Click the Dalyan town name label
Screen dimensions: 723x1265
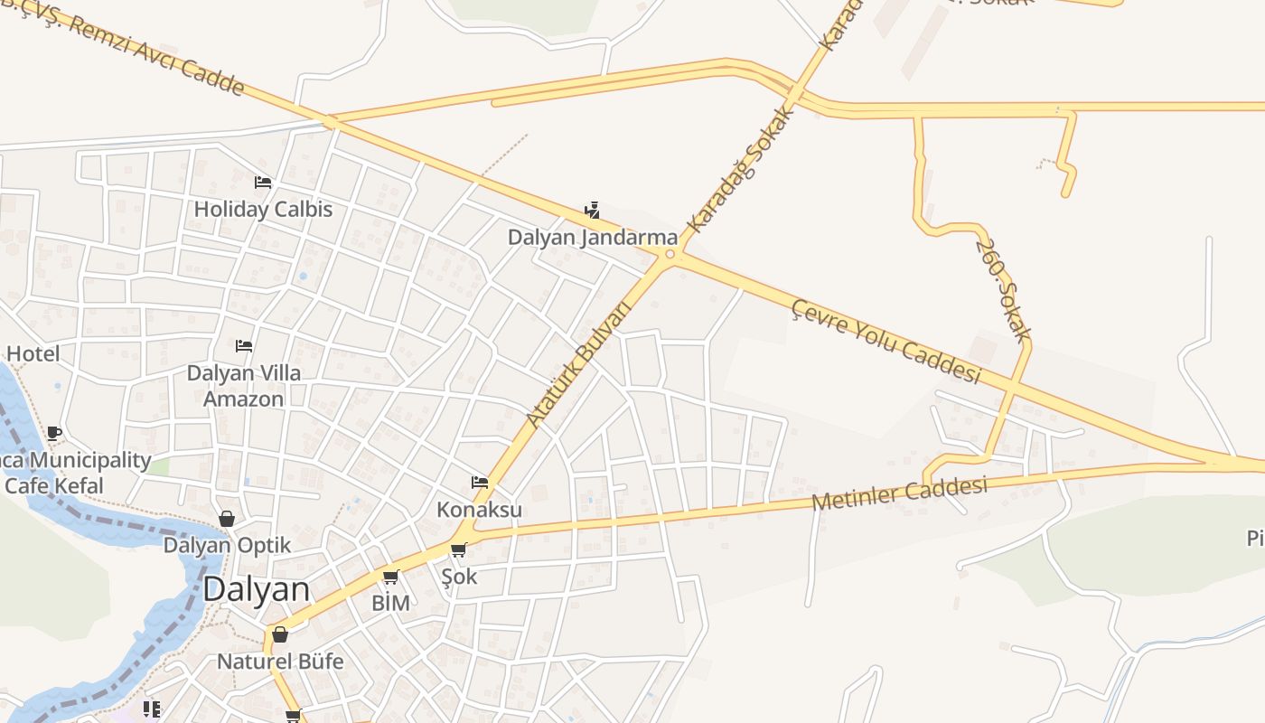pos(256,589)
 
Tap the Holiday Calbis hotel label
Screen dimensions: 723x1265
pos(263,210)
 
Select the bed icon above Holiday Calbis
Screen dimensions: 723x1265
pos(263,183)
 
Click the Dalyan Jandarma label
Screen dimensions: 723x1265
pos(592,238)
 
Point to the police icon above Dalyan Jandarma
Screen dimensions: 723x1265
pos(592,211)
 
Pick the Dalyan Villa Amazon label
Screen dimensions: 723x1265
pos(243,386)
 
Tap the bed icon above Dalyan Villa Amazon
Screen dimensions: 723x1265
pos(243,346)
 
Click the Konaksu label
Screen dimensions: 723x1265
pos(479,510)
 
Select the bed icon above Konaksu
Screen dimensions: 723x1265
pos(479,483)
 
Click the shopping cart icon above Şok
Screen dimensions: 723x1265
pos(459,549)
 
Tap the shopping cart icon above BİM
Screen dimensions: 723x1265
pos(390,577)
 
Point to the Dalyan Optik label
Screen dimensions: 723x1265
pos(227,546)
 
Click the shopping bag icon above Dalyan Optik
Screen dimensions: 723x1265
pos(227,519)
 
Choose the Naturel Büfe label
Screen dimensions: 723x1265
pos(280,662)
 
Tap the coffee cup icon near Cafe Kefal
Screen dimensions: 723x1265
pos(54,433)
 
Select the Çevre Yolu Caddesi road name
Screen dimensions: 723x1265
pos(885,342)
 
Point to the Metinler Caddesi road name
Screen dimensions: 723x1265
pos(898,494)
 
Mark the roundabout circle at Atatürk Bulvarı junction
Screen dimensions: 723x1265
pos(670,255)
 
